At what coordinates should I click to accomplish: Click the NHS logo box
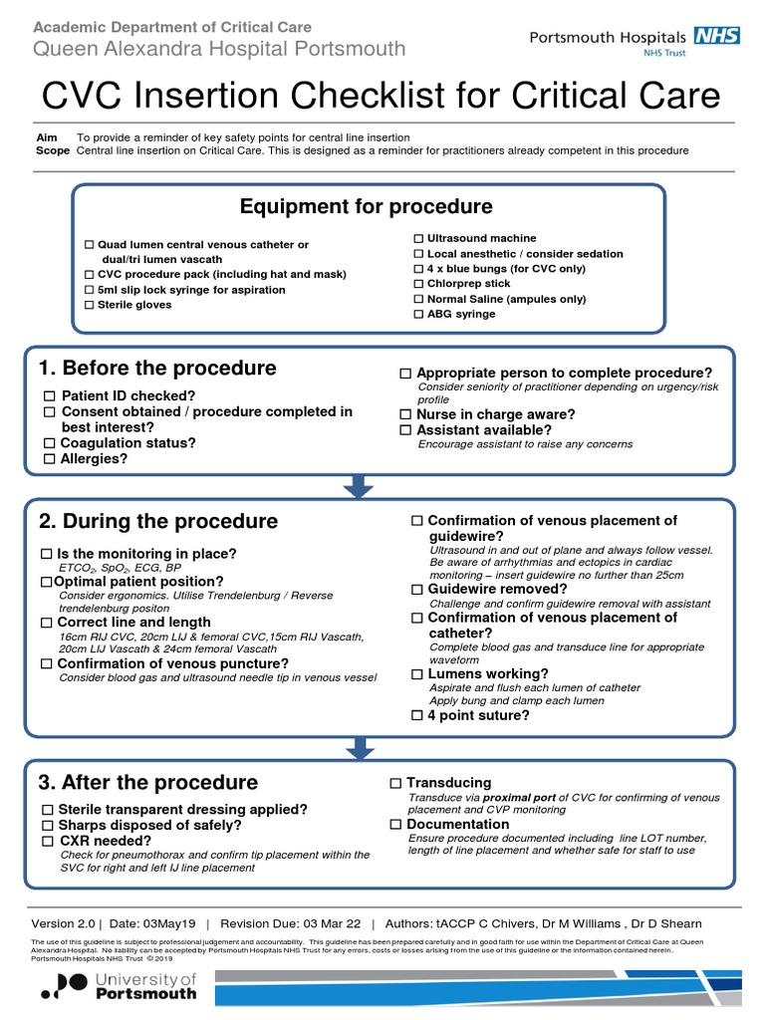click(x=717, y=36)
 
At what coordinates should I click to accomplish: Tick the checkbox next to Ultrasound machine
click(x=418, y=239)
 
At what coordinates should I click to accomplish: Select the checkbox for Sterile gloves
click(x=89, y=305)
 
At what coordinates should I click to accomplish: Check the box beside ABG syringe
click(x=418, y=315)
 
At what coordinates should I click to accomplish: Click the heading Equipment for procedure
click(x=366, y=207)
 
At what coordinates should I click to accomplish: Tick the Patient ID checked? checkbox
click(x=49, y=395)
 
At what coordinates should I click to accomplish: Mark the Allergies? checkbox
click(x=49, y=459)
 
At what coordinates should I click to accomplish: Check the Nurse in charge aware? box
click(x=405, y=414)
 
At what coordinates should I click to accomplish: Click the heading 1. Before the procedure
click(x=157, y=369)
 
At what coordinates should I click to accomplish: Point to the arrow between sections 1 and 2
click(x=359, y=485)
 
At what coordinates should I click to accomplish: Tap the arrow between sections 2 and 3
click(x=359, y=747)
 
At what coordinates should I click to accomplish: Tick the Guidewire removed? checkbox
click(x=418, y=590)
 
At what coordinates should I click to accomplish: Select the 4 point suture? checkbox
click(x=418, y=715)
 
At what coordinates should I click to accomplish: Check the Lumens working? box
click(x=418, y=674)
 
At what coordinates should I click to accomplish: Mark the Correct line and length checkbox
click(x=47, y=623)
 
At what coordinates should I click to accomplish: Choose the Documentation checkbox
click(x=395, y=825)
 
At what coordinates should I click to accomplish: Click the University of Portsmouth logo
click(x=120, y=986)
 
